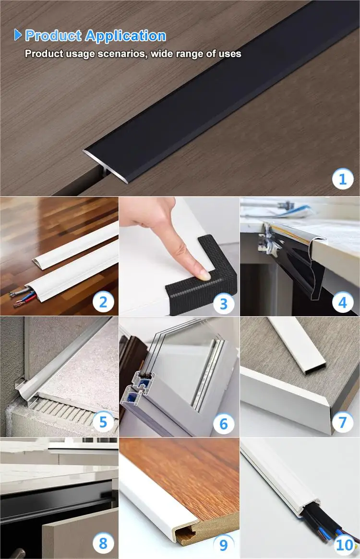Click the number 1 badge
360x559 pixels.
(343, 178)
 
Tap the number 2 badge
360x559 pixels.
(103, 302)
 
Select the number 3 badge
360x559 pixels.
(223, 304)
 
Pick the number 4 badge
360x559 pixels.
(343, 302)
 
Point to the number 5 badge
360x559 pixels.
(103, 422)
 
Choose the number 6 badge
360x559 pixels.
(223, 424)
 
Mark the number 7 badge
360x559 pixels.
(343, 422)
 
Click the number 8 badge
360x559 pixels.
(103, 543)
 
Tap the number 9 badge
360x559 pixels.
(223, 545)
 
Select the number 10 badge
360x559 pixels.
(345, 545)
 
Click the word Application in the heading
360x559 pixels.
(126, 36)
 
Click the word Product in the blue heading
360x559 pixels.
(53, 36)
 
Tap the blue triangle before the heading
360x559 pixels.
(18, 35)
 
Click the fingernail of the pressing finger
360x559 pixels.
(204, 275)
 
